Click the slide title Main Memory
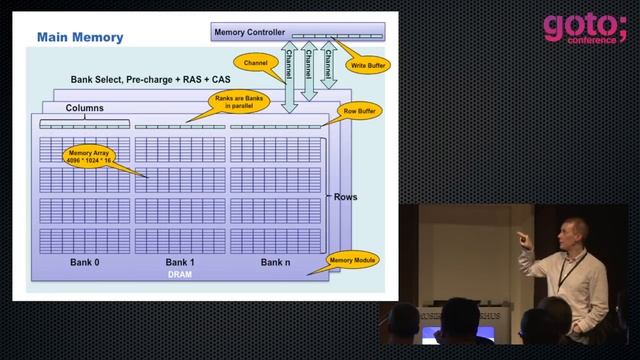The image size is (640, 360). tap(80, 38)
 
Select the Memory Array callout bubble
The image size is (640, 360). tap(85, 160)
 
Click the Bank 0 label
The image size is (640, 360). tap(84, 262)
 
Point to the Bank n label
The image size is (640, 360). tap(275, 262)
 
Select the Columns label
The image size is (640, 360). tap(85, 108)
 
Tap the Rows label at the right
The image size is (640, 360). tap(344, 197)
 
